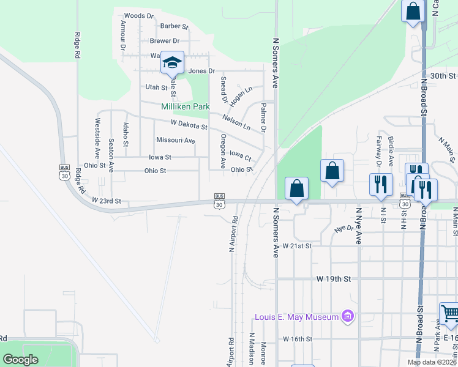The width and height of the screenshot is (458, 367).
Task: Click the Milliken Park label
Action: click(x=185, y=106)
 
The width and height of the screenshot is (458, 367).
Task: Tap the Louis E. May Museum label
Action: click(x=297, y=317)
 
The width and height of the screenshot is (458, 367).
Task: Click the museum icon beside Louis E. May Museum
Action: click(x=347, y=316)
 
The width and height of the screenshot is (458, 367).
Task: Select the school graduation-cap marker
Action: click(x=172, y=63)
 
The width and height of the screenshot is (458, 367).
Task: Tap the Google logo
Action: click(x=21, y=360)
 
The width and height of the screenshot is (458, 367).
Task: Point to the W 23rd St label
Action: click(x=107, y=201)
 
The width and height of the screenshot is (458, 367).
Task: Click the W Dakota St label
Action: click(x=189, y=125)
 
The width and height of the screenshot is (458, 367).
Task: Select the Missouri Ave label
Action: click(x=175, y=141)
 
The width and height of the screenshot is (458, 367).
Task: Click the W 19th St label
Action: click(x=334, y=278)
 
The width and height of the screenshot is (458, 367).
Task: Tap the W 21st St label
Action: click(x=298, y=245)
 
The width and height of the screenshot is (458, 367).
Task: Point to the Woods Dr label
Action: click(x=138, y=16)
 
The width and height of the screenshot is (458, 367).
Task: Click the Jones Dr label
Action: click(x=202, y=71)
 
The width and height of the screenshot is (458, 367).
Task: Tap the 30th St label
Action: click(x=443, y=76)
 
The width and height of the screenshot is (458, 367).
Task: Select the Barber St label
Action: click(x=174, y=26)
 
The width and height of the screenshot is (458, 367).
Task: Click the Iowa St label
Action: click(x=160, y=157)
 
